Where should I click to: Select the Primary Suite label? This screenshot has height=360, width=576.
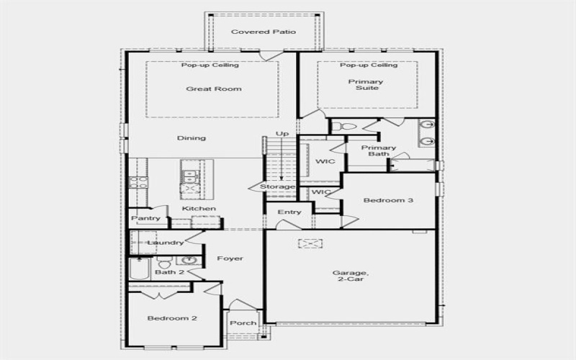coord(366,86)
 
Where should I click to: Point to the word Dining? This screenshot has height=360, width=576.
coord(192,138)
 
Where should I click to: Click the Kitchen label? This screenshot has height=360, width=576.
coord(199,209)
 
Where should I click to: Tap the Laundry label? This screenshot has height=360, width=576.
coord(166,243)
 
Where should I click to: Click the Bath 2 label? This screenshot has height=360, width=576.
coord(170,272)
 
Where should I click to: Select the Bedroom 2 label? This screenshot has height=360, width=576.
coord(172,318)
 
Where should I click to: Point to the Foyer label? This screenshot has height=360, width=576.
coord(230,258)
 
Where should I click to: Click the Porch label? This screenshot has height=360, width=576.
coord(243,323)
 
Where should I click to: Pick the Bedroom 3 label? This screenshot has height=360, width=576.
coord(388,200)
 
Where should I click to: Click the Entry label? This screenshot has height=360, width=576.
coord(289,212)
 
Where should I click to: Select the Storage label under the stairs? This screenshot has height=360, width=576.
coord(277,187)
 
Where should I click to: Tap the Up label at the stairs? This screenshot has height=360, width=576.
coord(282,134)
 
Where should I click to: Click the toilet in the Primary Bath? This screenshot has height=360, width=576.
coord(346,127)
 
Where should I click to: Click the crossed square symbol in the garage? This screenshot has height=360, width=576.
coord(310,244)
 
